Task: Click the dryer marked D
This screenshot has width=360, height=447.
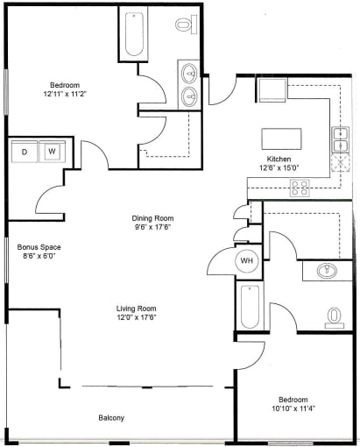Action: click(x=25, y=152)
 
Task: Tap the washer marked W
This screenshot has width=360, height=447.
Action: click(x=52, y=152)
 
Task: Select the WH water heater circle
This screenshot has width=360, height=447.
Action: click(x=247, y=261)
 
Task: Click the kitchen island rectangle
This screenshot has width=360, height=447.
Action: click(x=281, y=139)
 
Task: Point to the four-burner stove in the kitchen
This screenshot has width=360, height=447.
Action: click(x=300, y=188)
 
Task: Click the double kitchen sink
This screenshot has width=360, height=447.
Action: click(x=341, y=139)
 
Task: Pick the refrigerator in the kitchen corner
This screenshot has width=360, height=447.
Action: click(x=272, y=90)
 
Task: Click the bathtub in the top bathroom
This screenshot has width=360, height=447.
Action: click(x=134, y=34)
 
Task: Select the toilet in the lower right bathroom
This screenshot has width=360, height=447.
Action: click(x=335, y=318)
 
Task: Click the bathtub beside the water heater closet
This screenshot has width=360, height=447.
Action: click(x=250, y=307)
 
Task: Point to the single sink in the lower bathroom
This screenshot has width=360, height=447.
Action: click(x=327, y=271)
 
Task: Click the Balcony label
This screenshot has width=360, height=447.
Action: click(x=111, y=418)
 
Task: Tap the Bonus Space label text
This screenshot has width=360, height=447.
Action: click(x=39, y=247)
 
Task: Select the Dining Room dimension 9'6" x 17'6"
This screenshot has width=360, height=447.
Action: click(x=152, y=227)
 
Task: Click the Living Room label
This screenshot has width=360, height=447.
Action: click(x=137, y=309)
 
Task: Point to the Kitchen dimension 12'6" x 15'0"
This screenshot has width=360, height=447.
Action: click(x=279, y=168)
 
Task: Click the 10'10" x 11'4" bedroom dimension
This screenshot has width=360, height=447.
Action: click(x=293, y=408)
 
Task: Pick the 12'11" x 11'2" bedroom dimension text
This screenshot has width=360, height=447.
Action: click(x=65, y=94)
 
